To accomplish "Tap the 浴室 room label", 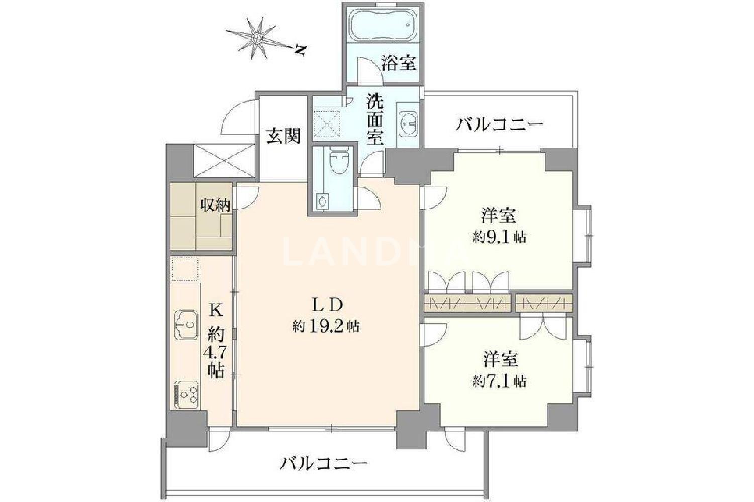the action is (399, 63).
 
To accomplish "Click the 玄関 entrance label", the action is (284, 136).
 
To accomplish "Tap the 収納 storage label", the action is (216, 205).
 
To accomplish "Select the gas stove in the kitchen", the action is (186, 395).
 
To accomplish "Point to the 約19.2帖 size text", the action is (326, 326).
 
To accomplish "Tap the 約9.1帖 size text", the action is (500, 238).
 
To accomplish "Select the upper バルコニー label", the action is (500, 125).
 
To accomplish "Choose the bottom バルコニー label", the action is (324, 464).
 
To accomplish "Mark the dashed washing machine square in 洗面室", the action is (327, 123).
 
